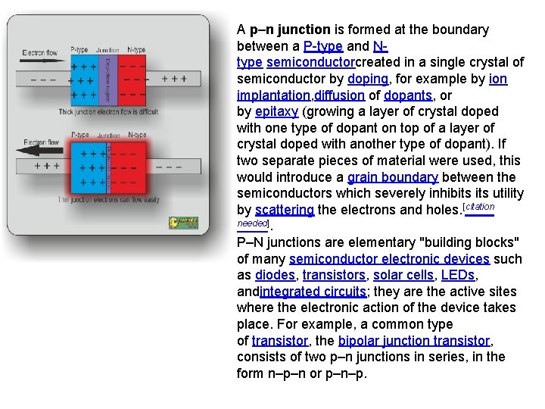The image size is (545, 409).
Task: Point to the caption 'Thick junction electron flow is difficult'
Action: (108, 112)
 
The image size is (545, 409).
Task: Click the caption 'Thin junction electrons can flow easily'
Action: (108, 200)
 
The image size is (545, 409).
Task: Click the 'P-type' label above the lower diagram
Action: (79, 135)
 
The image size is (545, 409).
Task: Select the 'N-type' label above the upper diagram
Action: (136, 50)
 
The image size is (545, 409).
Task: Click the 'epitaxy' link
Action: (276, 112)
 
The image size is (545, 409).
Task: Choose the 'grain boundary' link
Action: (392, 177)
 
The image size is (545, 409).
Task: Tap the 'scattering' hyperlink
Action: (285, 210)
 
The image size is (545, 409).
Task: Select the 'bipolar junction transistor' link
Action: (415, 341)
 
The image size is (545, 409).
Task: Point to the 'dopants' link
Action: (408, 95)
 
